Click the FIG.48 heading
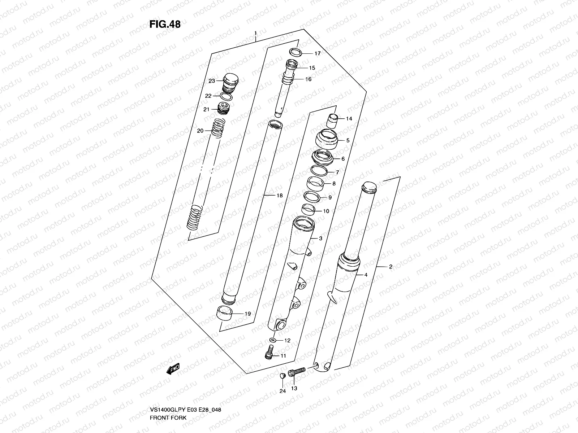point(165,24)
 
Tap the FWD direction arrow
point(173,370)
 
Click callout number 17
point(317,54)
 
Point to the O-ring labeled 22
point(226,96)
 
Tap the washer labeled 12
point(273,340)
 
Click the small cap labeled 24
point(282,376)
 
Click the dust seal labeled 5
point(327,140)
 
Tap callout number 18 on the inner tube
point(280,196)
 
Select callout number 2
point(390,267)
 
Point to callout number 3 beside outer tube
point(320,239)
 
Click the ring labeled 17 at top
point(296,52)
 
